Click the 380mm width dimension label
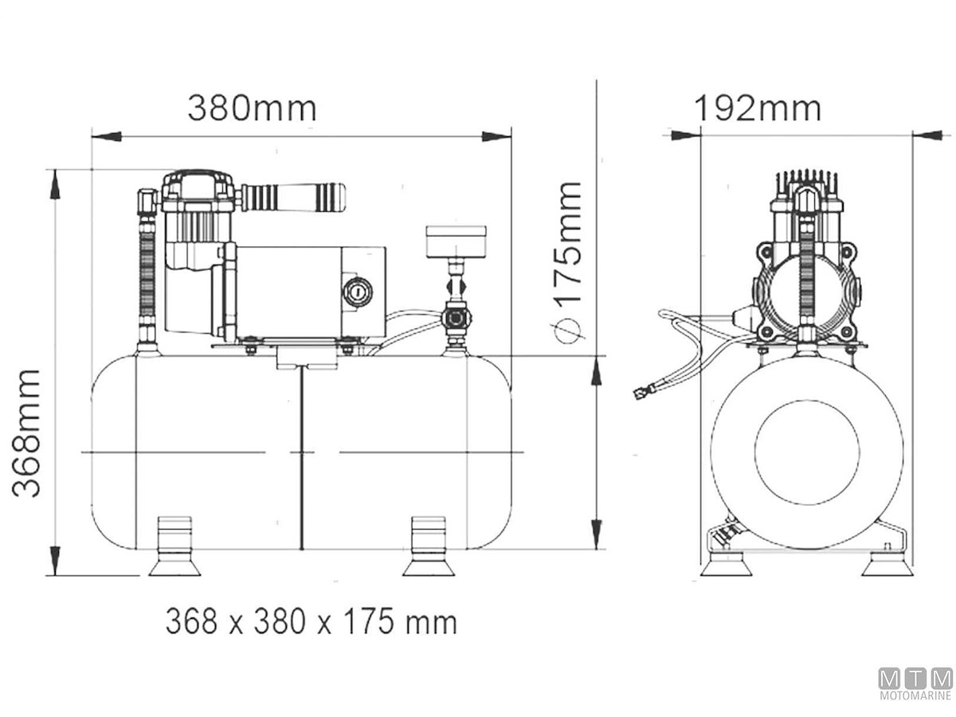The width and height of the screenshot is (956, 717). point(252,108)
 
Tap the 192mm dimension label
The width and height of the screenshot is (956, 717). point(758,108)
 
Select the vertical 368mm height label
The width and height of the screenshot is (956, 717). point(29,433)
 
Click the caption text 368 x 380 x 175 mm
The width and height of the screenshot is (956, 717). point(311,622)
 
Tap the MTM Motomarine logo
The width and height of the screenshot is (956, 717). point(915,684)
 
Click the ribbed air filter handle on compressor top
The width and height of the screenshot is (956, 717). point(292,196)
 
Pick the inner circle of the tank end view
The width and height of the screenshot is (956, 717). point(807,453)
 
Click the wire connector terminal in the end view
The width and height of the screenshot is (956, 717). point(641,392)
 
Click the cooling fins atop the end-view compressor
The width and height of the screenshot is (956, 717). point(806,179)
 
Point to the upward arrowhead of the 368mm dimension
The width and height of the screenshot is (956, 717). point(55,185)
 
